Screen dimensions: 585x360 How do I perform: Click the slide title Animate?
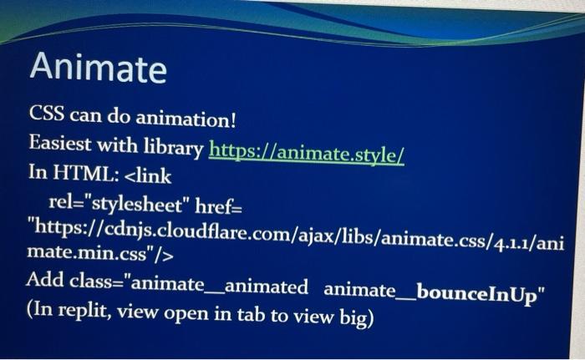coord(98,67)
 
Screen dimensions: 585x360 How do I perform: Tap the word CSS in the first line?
coord(46,113)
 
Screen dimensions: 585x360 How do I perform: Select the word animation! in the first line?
coord(186,119)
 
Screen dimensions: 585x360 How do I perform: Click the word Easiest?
coord(60,143)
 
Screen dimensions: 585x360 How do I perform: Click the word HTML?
coord(85,173)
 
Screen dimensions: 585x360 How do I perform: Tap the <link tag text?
coord(147,175)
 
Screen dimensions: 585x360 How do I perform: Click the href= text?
coord(219,206)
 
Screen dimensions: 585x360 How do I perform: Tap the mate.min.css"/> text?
coord(100,253)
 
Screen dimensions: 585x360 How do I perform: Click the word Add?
coord(45,280)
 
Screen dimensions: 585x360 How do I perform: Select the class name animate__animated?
coord(220,286)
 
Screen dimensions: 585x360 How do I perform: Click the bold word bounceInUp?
coord(476,294)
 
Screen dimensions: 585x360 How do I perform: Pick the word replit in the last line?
coord(84,311)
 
